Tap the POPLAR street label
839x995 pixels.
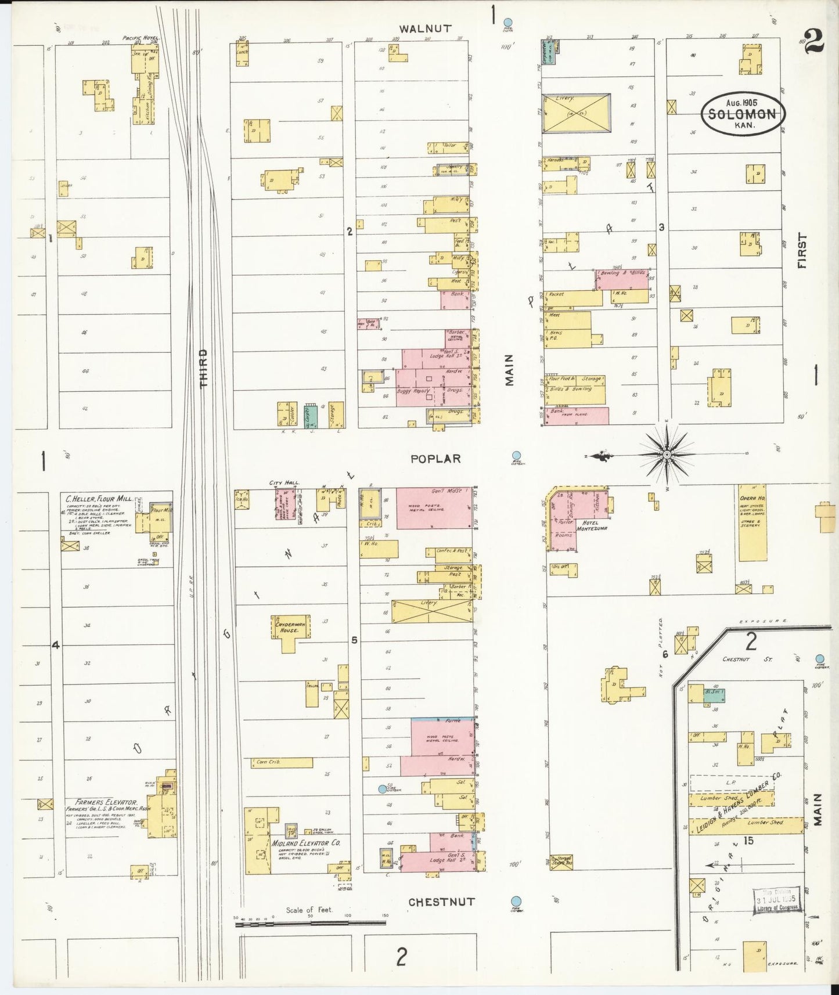point(435,459)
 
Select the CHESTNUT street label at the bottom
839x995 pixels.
point(441,902)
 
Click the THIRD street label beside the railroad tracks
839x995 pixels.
point(203,368)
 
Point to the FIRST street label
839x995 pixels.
point(802,251)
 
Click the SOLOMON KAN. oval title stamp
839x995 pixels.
point(743,114)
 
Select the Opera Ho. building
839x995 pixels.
point(752,522)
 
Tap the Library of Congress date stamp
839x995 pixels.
point(776,900)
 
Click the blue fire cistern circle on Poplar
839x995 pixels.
point(516,456)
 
